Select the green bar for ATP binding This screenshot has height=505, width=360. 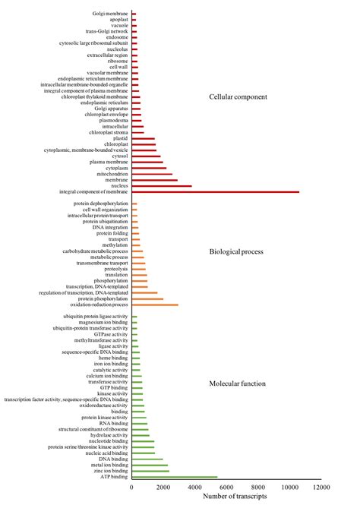174,478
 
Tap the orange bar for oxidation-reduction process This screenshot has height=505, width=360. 155,305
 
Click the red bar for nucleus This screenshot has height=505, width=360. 162,186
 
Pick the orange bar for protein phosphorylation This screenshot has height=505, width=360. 147,299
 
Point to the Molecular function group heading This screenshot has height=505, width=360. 237,383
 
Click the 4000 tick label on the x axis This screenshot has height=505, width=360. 194,488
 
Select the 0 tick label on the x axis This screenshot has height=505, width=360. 132,488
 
